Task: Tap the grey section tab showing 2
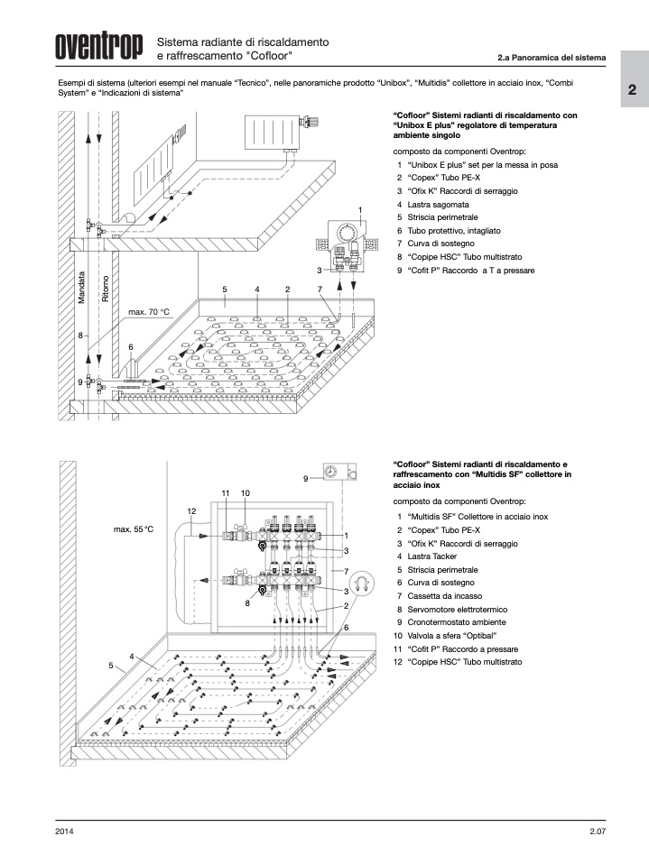tap(633, 91)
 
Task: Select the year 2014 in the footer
tap(64, 831)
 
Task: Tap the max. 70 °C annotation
tap(148, 312)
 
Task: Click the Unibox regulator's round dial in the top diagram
tap(348, 234)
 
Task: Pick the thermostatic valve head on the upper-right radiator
tap(312, 120)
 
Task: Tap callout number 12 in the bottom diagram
tap(191, 511)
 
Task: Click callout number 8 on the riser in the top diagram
tap(79, 335)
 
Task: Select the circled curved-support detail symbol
tap(364, 584)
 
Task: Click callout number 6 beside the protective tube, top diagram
tap(131, 346)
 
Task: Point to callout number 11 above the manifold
tap(226, 493)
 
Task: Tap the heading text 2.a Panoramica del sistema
tap(551, 60)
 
